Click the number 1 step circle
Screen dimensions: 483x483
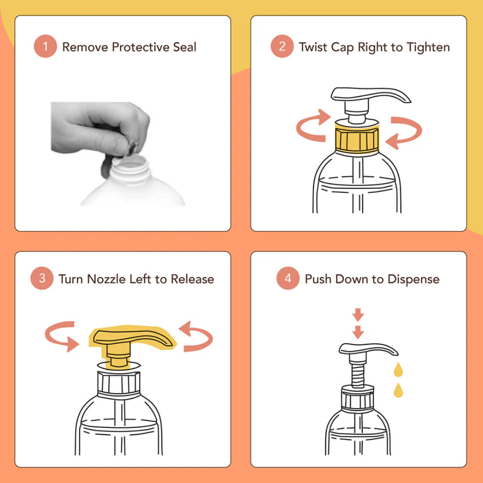pos(45,47)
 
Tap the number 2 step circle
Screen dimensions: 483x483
pos(282,47)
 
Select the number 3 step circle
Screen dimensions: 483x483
pos(42,279)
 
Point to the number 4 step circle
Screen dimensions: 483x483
pos(288,279)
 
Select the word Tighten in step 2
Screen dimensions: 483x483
pos(428,47)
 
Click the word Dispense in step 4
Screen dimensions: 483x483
pos(413,279)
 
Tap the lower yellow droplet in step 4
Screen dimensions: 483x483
pos(398,390)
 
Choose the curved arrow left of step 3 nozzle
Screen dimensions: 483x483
pos(61,336)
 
